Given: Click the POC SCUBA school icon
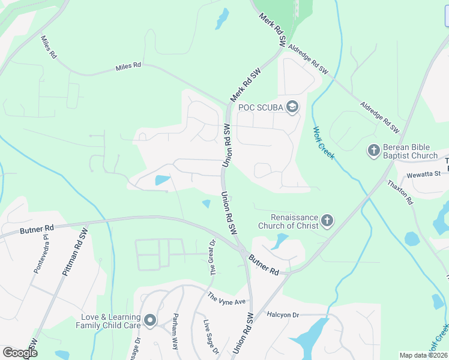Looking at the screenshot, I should click(292, 107).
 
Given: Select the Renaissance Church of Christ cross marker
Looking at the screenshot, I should click(327, 221).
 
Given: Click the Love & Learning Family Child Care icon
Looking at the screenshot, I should click(149, 321).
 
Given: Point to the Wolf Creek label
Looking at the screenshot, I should click(323, 143).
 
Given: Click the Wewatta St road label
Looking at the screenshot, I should click(424, 173).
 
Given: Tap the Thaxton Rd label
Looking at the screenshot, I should click(400, 193).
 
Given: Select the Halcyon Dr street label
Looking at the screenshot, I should click(283, 315).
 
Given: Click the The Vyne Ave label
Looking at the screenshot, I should click(227, 298).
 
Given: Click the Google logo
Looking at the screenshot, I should click(20, 352).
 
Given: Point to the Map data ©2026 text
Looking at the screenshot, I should click(423, 355).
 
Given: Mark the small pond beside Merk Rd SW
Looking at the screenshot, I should click(222, 18).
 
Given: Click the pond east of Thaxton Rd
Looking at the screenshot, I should click(412, 239).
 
